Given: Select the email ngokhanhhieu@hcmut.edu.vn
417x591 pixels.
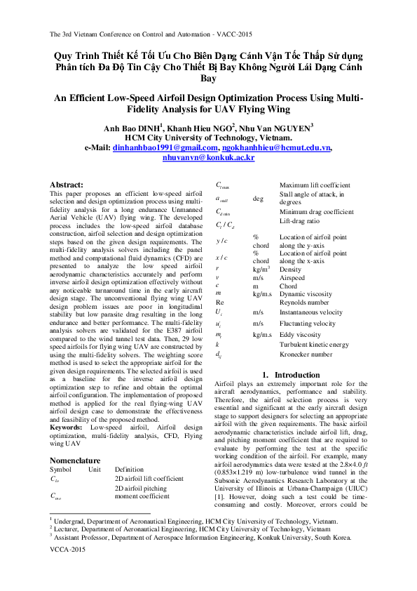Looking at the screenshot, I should point(276,148).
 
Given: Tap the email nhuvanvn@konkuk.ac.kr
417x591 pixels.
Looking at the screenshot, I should point(208,159).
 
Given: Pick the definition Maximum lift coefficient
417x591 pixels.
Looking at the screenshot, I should point(315,185).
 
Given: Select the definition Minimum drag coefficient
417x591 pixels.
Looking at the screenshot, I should point(316,212).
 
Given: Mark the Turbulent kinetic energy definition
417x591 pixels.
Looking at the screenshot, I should point(314,345).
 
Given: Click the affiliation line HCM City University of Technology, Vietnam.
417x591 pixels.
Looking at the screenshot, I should point(208,138).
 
